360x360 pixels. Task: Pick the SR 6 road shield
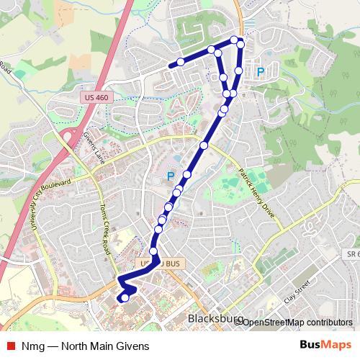coord(350,255)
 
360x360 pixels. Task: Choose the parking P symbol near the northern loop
coord(261,71)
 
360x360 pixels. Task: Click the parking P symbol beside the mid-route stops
coord(171,175)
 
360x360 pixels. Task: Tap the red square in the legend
coord(11,346)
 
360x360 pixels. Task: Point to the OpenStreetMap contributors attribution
coord(297,322)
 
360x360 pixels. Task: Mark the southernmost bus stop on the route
coord(125,297)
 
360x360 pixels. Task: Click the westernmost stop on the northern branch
coord(180,61)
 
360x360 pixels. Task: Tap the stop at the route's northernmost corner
coord(234,39)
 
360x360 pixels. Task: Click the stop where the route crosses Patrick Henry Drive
coord(204,145)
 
